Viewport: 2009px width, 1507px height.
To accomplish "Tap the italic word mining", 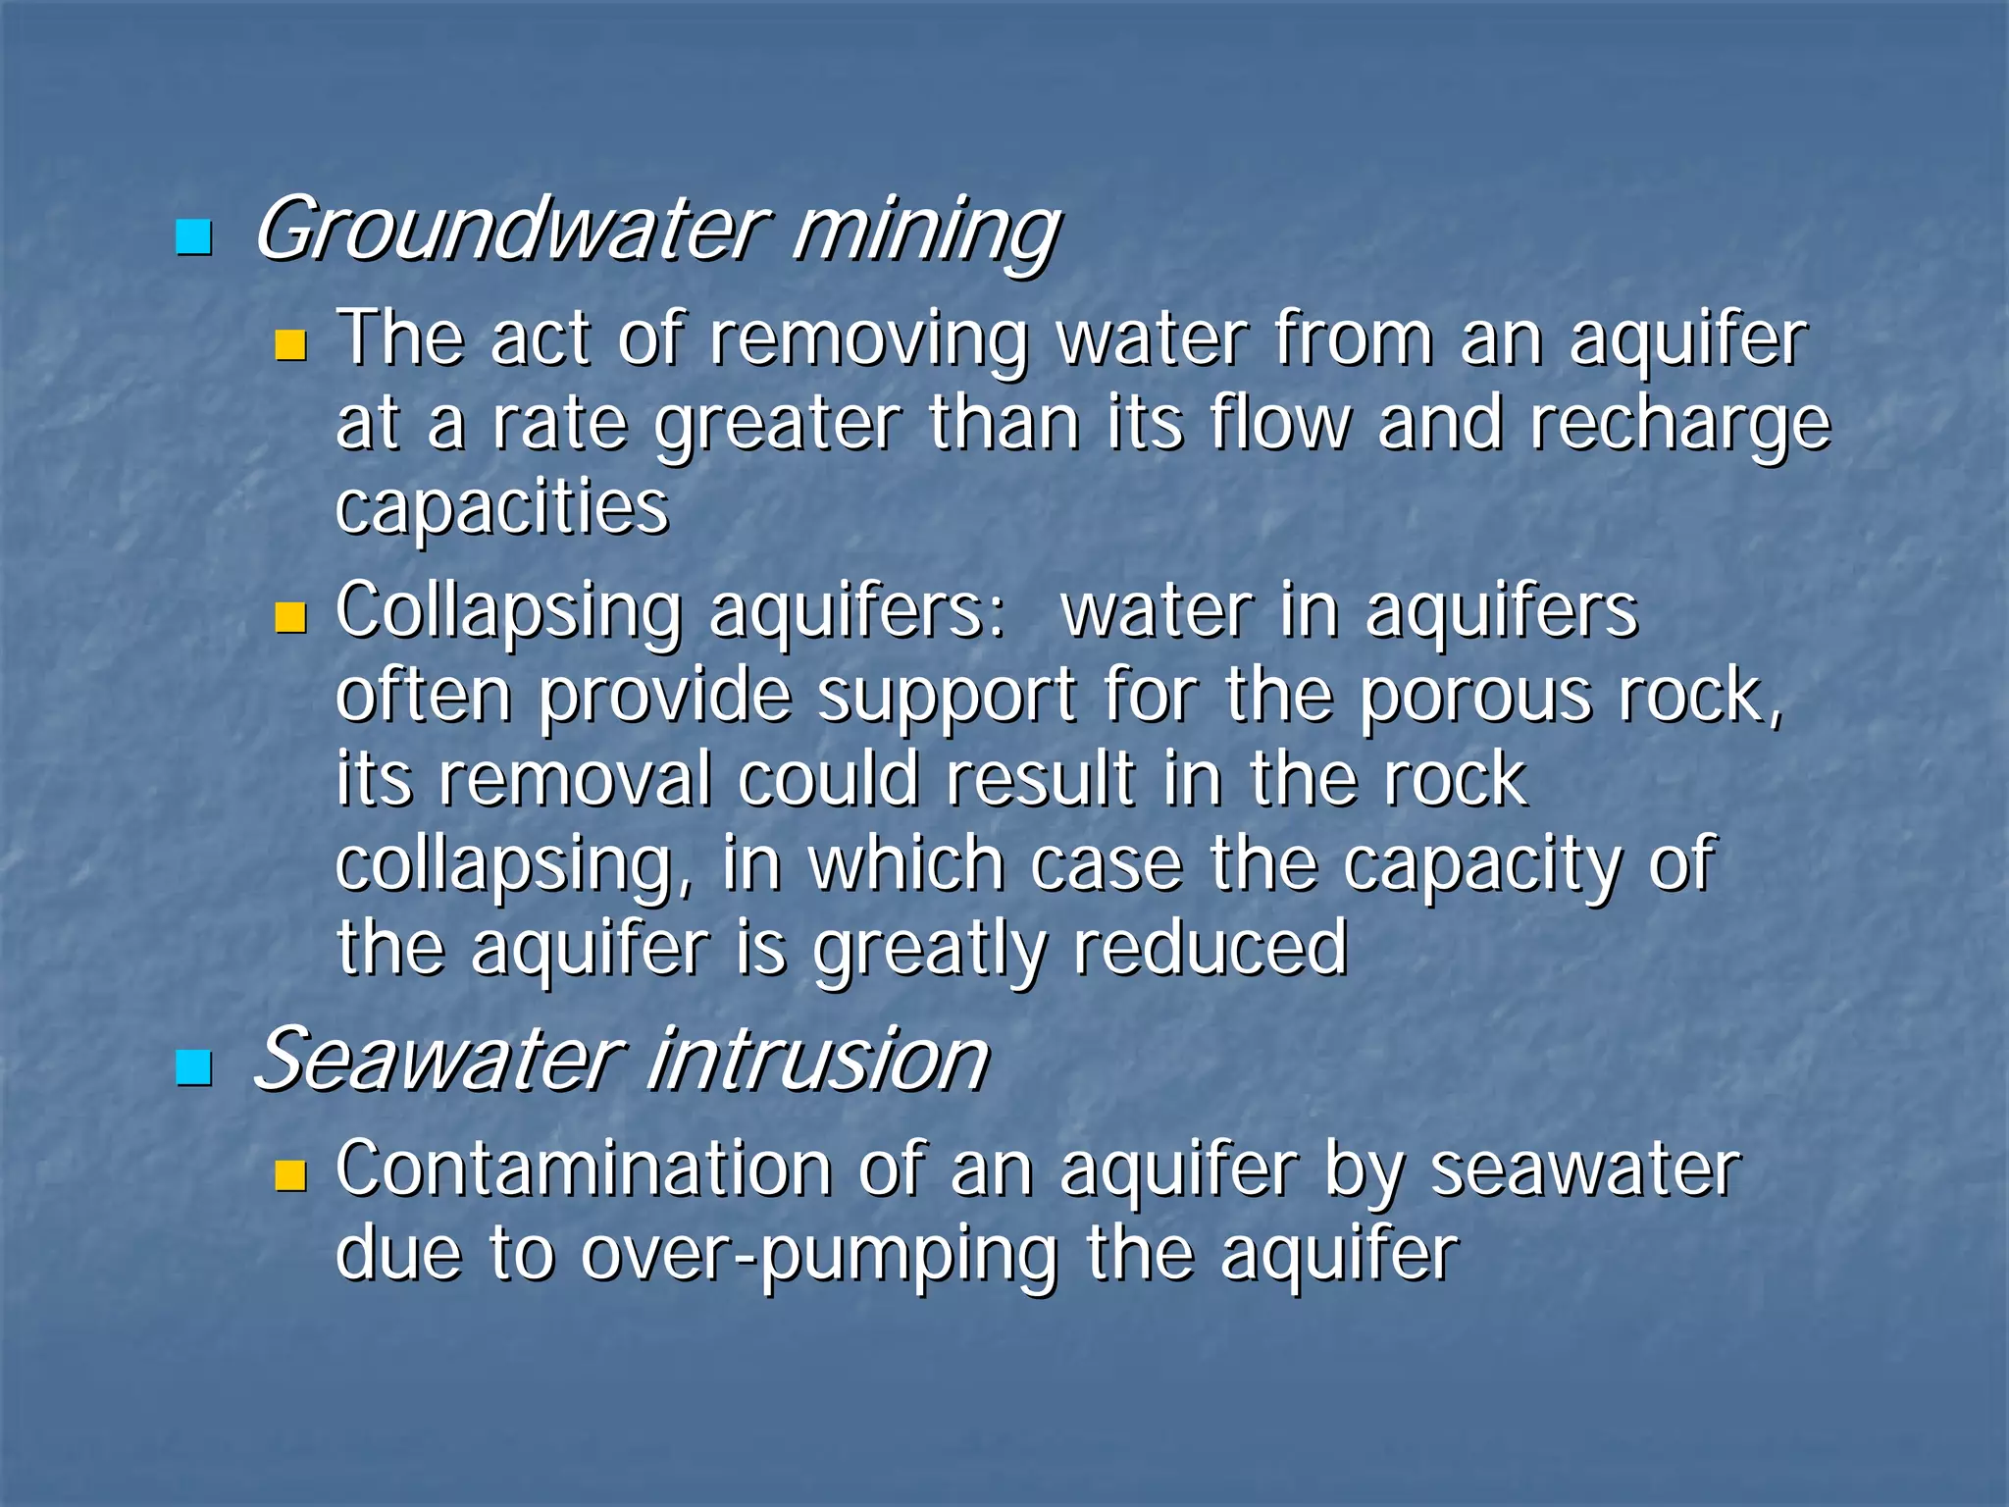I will [925, 232].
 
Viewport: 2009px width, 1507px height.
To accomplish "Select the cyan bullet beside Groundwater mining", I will [193, 236].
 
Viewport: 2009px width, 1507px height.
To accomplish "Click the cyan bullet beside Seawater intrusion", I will [193, 1067].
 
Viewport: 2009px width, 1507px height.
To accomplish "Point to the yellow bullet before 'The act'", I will [290, 345].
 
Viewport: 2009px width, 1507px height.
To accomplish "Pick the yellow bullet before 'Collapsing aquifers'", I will [290, 617].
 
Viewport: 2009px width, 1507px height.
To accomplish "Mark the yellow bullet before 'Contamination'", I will [290, 1174].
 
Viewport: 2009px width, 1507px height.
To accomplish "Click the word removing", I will [869, 339].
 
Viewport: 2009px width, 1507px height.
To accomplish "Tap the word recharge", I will [1679, 424].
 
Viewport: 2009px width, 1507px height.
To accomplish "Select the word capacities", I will [502, 507].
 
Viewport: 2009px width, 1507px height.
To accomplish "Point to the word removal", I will [575, 779].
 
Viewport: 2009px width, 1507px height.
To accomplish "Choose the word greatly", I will [929, 950].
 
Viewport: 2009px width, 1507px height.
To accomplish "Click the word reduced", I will [1211, 948].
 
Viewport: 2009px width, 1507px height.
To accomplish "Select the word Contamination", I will [585, 1169].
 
